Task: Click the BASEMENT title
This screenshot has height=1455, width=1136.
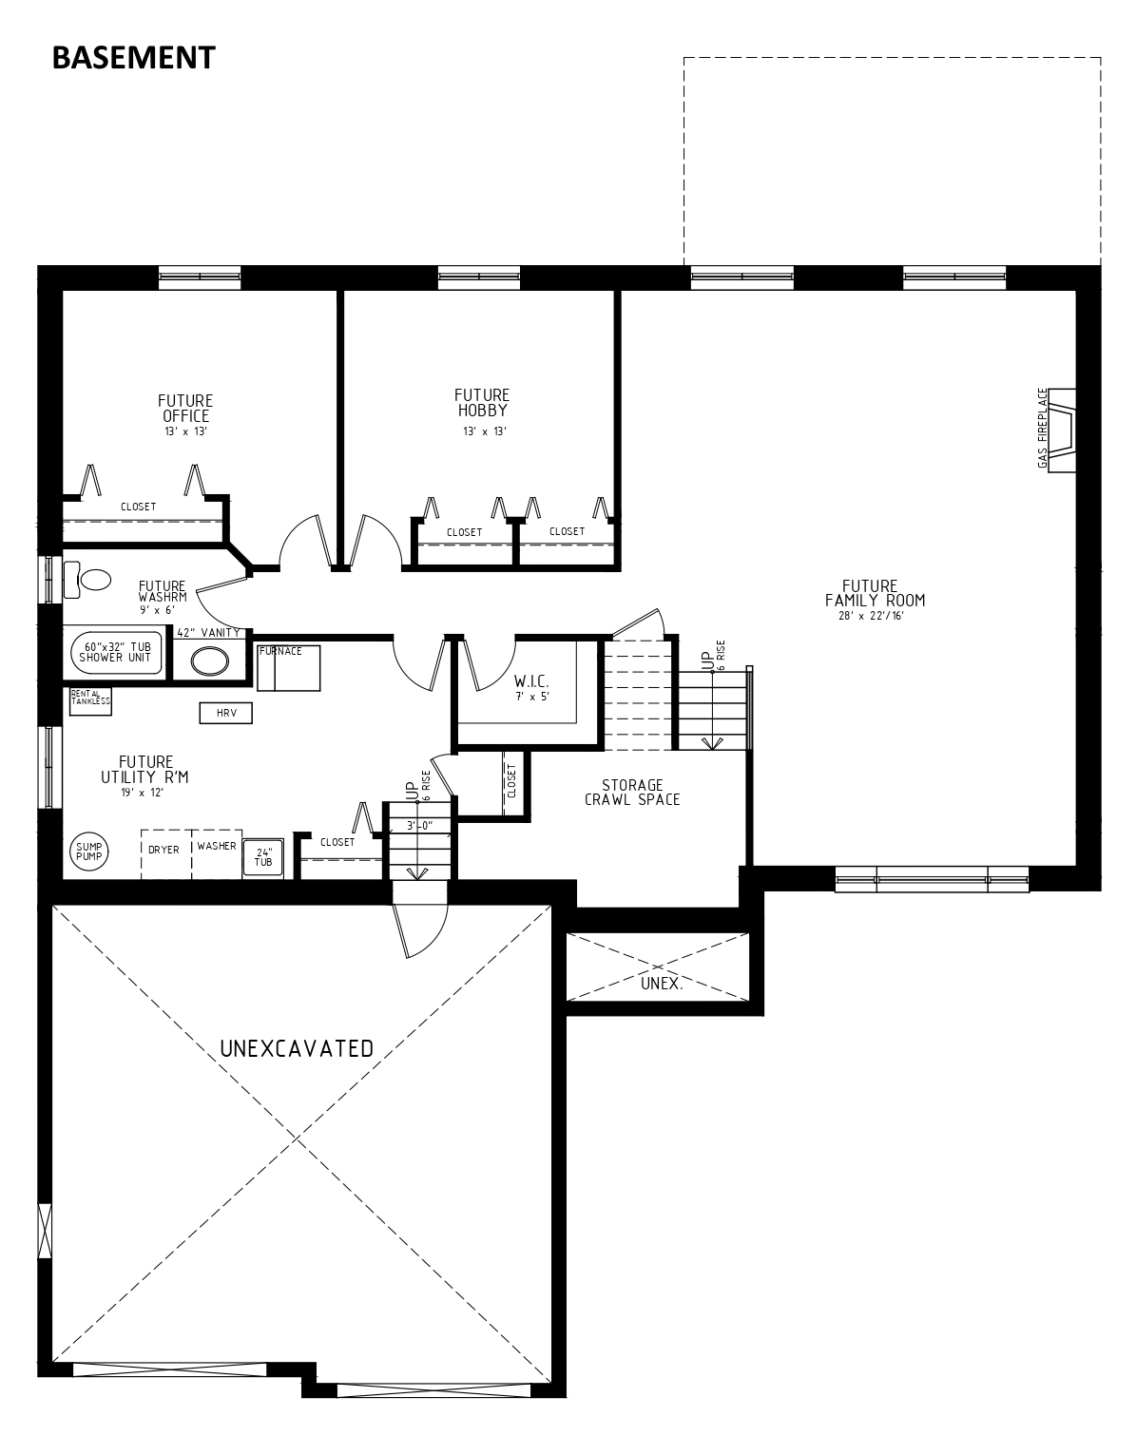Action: point(133,58)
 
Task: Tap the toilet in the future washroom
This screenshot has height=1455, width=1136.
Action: point(87,579)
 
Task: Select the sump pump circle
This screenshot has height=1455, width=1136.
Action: point(89,851)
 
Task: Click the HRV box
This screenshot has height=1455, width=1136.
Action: point(226,713)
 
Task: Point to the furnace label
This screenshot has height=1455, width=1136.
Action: point(280,651)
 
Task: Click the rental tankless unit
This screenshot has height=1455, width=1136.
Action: point(90,700)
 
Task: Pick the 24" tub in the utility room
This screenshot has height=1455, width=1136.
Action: point(263,858)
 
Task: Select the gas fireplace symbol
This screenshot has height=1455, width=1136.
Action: point(1062,430)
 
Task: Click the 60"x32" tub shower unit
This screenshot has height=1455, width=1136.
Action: point(117,652)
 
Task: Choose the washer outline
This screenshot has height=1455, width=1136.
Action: point(217,853)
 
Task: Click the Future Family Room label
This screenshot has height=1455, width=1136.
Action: point(875,593)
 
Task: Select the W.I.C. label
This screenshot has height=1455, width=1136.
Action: point(531,681)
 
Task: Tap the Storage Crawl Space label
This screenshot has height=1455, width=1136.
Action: point(632,792)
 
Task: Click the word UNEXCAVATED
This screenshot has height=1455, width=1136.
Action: point(297,1048)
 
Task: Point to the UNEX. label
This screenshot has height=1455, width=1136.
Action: point(662,984)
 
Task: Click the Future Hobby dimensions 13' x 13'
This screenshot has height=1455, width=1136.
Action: point(484,431)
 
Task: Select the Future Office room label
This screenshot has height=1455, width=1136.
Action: point(185,409)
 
